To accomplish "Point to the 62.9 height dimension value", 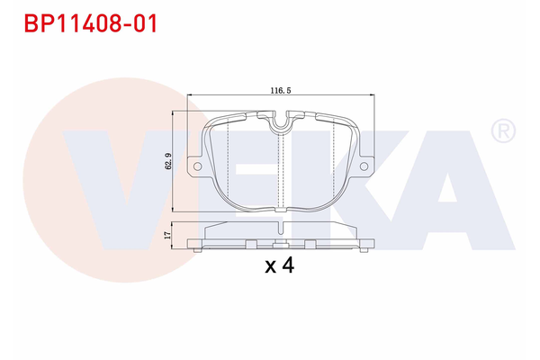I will [167, 161].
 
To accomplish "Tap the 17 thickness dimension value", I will [167, 234].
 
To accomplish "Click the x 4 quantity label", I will [281, 265].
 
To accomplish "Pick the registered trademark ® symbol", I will [503, 132].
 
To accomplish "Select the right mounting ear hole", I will [364, 166].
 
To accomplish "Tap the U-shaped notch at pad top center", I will [283, 121].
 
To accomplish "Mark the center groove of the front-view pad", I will [283, 171].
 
